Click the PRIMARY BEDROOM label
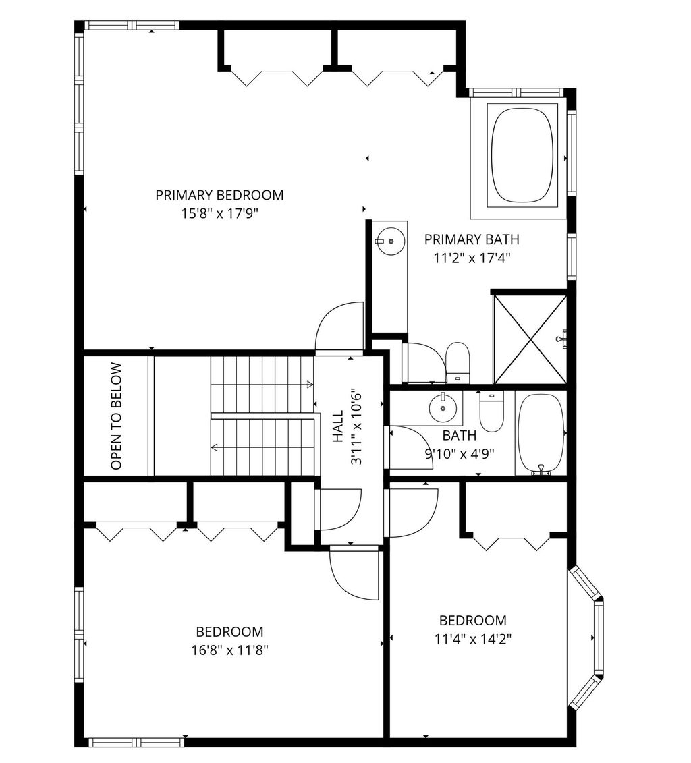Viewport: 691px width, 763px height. coord(219,195)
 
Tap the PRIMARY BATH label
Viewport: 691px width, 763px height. coord(472,239)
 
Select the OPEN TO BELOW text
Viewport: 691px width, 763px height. coord(116,416)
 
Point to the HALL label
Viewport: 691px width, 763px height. coord(337,426)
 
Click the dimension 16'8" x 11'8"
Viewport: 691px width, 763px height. coord(229,650)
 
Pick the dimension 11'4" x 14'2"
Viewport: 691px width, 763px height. coord(472,638)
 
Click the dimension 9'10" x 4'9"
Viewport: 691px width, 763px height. coord(460,454)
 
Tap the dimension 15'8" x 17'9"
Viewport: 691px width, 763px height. coord(219,213)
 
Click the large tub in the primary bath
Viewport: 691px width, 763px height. coord(522,154)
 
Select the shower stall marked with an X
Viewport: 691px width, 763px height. coord(530,339)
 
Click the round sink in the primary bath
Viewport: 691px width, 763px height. coord(391,240)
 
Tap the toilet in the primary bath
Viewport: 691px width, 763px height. coord(457,362)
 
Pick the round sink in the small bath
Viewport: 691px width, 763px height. coord(443,407)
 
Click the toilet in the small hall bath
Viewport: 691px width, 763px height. coord(491,412)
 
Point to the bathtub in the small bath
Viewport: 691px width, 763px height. coord(541,433)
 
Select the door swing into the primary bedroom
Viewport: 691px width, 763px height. coord(339,326)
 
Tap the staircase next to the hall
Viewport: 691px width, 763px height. coord(262,416)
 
